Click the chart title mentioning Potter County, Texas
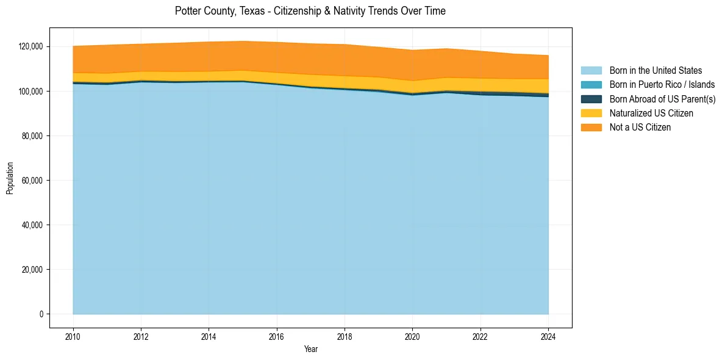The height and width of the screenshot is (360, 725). click(310, 11)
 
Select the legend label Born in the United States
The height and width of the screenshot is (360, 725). click(655, 71)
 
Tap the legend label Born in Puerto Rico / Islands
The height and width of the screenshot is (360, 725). click(662, 85)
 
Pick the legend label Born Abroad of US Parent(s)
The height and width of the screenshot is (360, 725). click(662, 99)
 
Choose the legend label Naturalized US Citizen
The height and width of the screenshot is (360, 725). click(651, 113)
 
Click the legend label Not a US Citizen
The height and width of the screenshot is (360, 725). click(640, 127)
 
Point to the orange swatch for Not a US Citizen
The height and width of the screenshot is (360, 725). click(591, 127)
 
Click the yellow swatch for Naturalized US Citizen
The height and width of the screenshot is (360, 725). click(591, 113)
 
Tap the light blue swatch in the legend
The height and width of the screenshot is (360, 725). click(591, 71)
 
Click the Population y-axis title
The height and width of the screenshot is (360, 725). click(10, 178)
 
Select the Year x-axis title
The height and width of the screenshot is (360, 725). click(310, 349)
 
